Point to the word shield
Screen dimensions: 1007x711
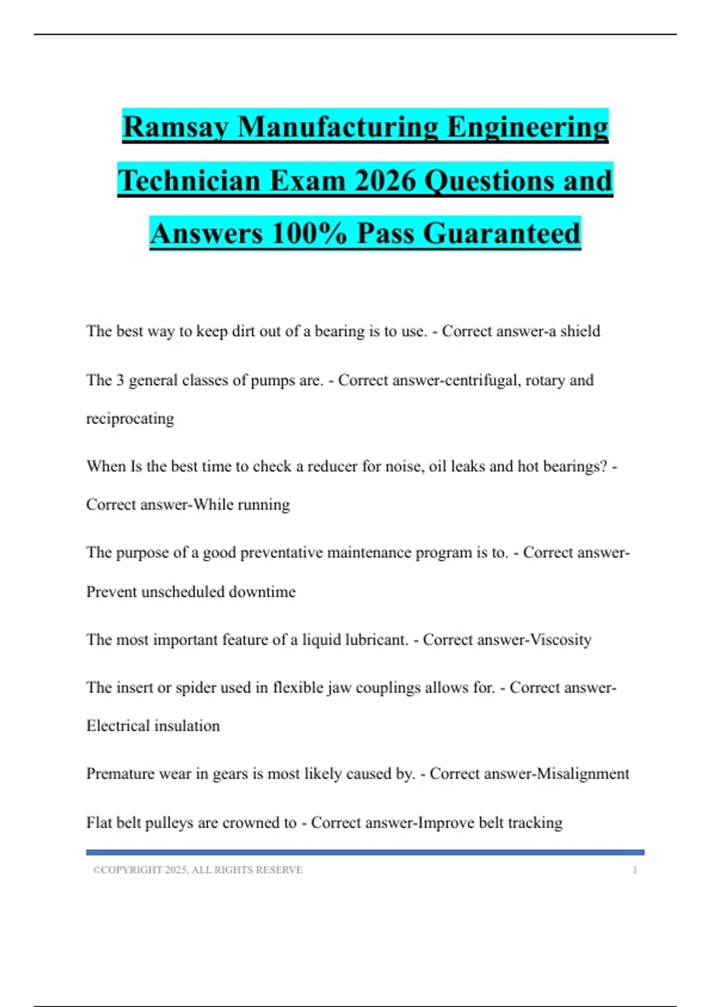click(580, 331)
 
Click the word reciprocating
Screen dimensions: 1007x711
click(130, 419)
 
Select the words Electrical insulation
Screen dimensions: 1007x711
click(153, 726)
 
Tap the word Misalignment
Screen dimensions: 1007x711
click(582, 774)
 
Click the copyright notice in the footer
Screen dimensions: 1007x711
click(197, 870)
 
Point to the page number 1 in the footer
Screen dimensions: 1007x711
click(635, 870)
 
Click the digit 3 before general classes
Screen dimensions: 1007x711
click(120, 380)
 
